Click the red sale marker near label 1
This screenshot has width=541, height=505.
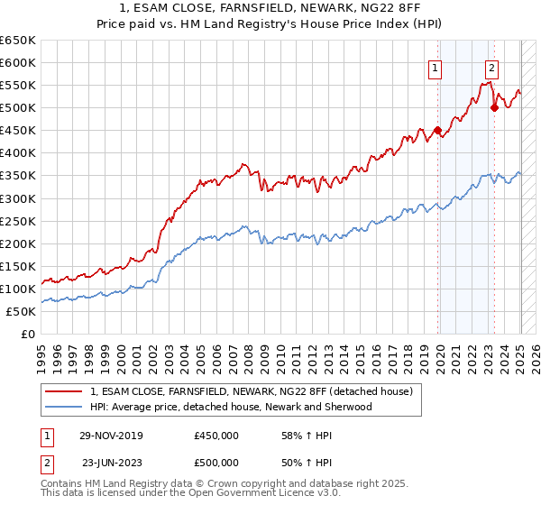click(x=437, y=130)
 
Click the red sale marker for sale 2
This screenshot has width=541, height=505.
click(x=494, y=107)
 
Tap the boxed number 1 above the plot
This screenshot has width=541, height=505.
click(x=436, y=66)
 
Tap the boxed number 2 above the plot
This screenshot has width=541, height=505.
click(x=491, y=66)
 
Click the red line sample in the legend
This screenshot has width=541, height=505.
click(x=65, y=392)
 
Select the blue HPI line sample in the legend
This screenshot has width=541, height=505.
click(x=65, y=407)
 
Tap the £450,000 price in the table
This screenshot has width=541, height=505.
click(x=215, y=435)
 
